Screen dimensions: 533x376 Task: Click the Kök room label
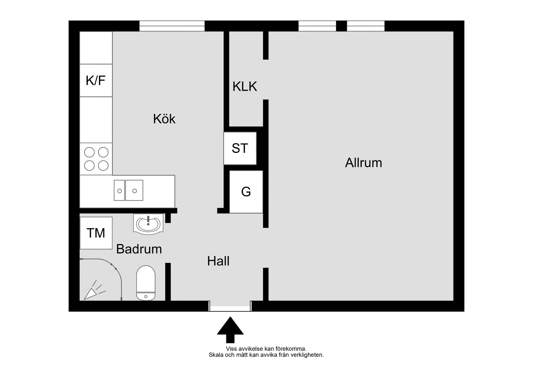point(164,119)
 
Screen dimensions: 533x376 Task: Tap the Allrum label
point(363,163)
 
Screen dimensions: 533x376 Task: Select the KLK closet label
point(245,86)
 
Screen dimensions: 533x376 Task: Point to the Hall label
point(218,261)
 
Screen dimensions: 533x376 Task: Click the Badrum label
point(139,249)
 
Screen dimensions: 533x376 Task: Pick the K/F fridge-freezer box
point(96,80)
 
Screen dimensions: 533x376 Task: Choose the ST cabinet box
point(240,148)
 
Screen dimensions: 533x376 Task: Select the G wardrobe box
point(246,192)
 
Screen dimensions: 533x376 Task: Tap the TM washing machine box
point(96,233)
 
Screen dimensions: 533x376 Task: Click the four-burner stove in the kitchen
point(96,159)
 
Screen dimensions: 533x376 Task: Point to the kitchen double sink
point(129,190)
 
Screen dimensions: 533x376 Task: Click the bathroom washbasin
point(148,224)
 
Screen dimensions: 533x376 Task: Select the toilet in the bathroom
point(146,283)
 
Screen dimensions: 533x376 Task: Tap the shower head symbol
point(94,291)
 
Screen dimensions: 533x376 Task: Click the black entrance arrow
point(230,330)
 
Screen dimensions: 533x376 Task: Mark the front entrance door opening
point(230,306)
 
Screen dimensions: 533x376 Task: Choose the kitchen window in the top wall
point(172,26)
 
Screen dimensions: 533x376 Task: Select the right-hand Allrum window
point(366,26)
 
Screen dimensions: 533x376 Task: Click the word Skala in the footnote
point(216,355)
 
